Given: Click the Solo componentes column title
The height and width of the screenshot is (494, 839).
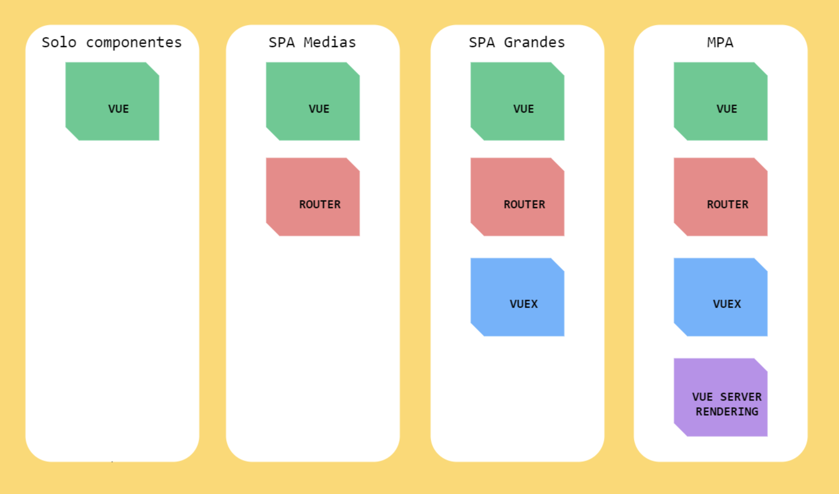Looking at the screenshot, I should (x=112, y=42).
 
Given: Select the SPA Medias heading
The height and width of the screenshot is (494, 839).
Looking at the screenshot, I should (x=312, y=42).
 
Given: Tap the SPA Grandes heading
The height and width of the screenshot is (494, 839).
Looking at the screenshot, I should (x=517, y=42).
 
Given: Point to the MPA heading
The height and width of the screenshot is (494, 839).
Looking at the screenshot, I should (x=720, y=42).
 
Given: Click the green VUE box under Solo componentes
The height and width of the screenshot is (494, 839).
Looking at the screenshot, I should (x=112, y=101).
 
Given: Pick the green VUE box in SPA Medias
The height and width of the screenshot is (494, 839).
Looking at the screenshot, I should (x=313, y=101).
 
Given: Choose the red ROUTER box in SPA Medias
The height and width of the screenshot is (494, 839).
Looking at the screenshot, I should (x=313, y=197).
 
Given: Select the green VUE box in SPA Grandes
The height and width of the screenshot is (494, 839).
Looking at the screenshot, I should (x=517, y=101).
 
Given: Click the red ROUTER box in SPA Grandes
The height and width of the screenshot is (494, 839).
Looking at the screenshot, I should (x=517, y=197).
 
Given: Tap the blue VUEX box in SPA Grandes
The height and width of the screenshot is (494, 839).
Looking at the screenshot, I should (x=517, y=297).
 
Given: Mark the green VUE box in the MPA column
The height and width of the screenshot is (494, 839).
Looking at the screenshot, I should (x=721, y=101).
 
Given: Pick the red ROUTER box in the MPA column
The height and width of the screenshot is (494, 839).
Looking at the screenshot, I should (x=721, y=197).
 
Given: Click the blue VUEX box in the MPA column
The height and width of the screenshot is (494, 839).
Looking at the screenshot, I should (x=721, y=297).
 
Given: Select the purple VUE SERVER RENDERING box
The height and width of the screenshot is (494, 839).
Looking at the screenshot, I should (x=721, y=398).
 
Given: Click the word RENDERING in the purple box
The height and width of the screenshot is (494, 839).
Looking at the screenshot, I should (x=727, y=412).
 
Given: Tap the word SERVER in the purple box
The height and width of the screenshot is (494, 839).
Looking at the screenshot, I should (x=741, y=397).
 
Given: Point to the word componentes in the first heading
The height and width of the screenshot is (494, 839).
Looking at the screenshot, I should (x=134, y=42).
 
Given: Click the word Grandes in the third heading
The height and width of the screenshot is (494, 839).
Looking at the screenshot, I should (x=534, y=42).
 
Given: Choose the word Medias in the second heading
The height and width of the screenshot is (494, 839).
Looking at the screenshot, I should (x=329, y=42).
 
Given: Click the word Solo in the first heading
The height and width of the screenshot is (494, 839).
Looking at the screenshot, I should (x=59, y=42).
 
